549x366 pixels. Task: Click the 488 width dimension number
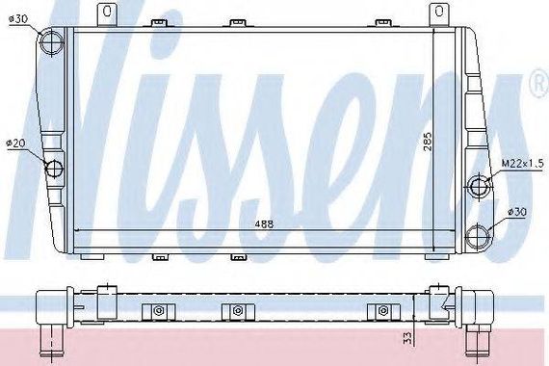tap(264, 224)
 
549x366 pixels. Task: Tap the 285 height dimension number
tap(428, 142)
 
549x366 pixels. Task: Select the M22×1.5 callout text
tap(522, 163)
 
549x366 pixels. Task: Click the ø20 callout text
tap(16, 143)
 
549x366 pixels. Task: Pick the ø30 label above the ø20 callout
tap(18, 19)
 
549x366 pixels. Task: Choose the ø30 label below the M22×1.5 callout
tap(517, 212)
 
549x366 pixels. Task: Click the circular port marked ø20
tap(54, 168)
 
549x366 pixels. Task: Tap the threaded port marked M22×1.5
tap(479, 186)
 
